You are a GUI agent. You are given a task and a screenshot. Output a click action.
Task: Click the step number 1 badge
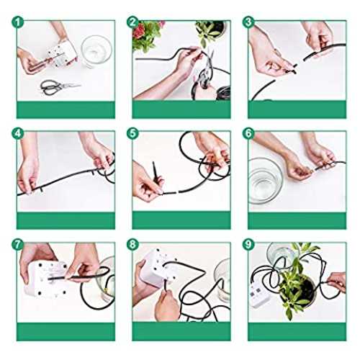pos(17,22)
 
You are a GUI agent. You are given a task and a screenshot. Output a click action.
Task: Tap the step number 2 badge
pos(132,22)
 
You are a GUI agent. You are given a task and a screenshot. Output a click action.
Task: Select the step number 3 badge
pos(248,22)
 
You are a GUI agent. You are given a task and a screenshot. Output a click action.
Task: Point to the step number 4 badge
pos(17,133)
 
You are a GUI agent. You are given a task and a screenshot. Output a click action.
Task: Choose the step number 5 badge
pos(132,133)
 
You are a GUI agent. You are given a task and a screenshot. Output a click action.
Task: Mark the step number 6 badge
pos(248,133)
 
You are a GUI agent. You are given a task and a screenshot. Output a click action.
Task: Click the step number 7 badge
pos(17,245)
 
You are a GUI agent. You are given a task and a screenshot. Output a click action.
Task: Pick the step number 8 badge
pos(132,245)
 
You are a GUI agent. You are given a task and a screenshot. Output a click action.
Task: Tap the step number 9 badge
pos(248,245)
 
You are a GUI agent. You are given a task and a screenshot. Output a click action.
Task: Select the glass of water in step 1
pos(96,51)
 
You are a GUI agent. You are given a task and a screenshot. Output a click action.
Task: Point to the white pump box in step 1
pos(63,54)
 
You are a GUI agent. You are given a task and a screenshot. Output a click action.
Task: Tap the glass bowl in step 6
pos(264,181)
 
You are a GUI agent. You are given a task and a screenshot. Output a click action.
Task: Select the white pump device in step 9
pos(259,296)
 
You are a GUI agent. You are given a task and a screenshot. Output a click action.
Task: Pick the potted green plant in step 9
pos(297,286)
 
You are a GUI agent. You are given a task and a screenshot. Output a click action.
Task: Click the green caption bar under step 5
pos(181,220)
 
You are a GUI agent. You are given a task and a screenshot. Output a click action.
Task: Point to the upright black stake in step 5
pos(156,171)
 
